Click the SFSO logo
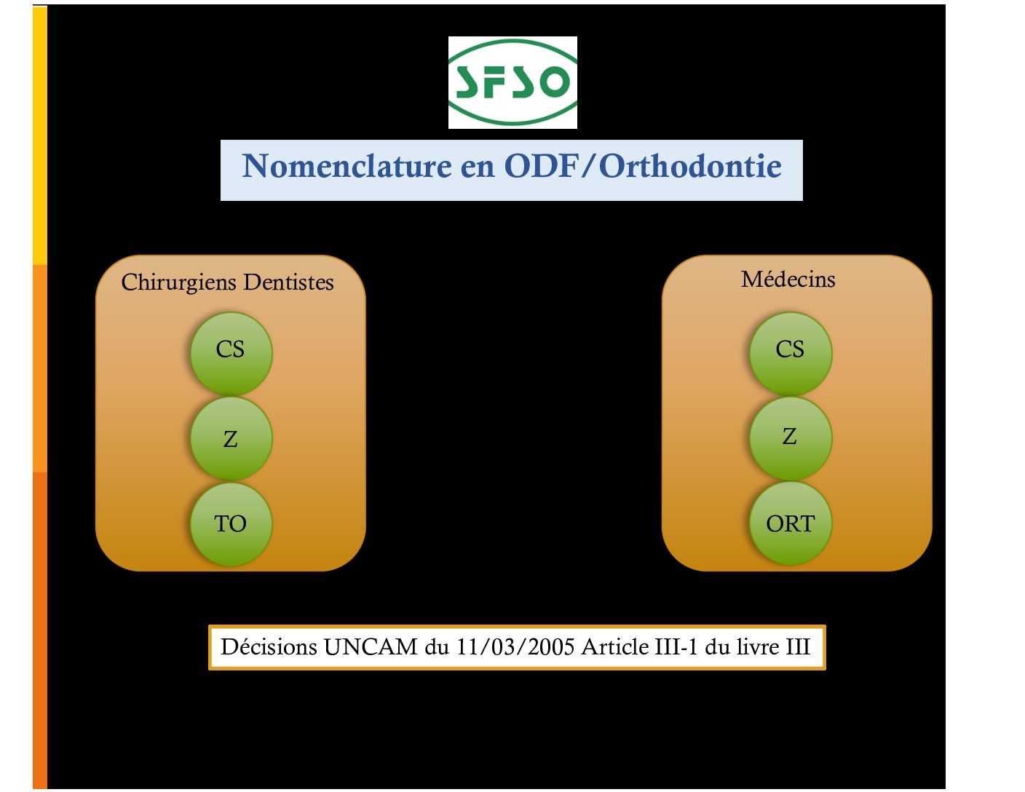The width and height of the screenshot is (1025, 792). (x=512, y=82)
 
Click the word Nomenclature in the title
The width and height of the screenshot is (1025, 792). (x=347, y=166)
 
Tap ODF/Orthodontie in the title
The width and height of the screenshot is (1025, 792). (x=643, y=166)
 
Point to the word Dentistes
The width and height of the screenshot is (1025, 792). (x=289, y=282)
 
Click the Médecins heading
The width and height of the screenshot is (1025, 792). (x=788, y=280)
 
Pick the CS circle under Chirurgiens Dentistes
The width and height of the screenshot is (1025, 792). (x=231, y=353)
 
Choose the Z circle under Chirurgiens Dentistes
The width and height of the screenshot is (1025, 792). (x=231, y=439)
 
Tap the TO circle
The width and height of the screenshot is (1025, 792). (x=231, y=524)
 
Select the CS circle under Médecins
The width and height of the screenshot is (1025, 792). (x=791, y=353)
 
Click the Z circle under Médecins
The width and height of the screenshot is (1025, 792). (x=791, y=439)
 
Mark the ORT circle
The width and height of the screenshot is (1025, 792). (x=791, y=523)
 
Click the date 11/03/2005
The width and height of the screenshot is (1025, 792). (x=515, y=647)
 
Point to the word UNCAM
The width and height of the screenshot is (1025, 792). (x=371, y=647)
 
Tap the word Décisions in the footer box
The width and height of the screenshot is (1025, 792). (x=269, y=646)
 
